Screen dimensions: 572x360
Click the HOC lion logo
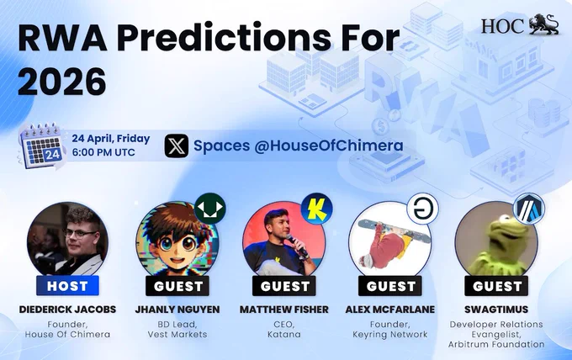coord(520,24)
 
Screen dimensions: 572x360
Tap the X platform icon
coord(177,146)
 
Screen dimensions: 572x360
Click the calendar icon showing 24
coord(41,146)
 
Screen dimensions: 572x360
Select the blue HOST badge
coord(67,286)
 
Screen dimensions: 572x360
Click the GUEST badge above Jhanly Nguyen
coord(177,286)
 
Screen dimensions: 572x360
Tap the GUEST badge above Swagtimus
coord(496,286)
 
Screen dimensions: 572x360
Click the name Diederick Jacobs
coord(67,310)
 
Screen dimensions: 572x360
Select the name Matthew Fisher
coord(283,310)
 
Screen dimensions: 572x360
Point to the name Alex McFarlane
coord(390,310)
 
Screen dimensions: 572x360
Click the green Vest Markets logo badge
coord(209,209)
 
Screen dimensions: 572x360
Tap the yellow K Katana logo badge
coord(316,209)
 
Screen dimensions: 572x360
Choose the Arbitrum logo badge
coord(528,209)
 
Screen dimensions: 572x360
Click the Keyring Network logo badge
coord(422,209)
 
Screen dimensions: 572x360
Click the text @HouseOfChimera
coord(329,146)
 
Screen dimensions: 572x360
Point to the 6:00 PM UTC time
coord(103,152)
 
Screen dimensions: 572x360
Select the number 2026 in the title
coord(62,81)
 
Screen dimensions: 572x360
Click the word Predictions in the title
coord(224,38)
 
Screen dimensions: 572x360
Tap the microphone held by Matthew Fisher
coord(297,246)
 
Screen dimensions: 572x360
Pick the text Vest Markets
coord(177,334)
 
